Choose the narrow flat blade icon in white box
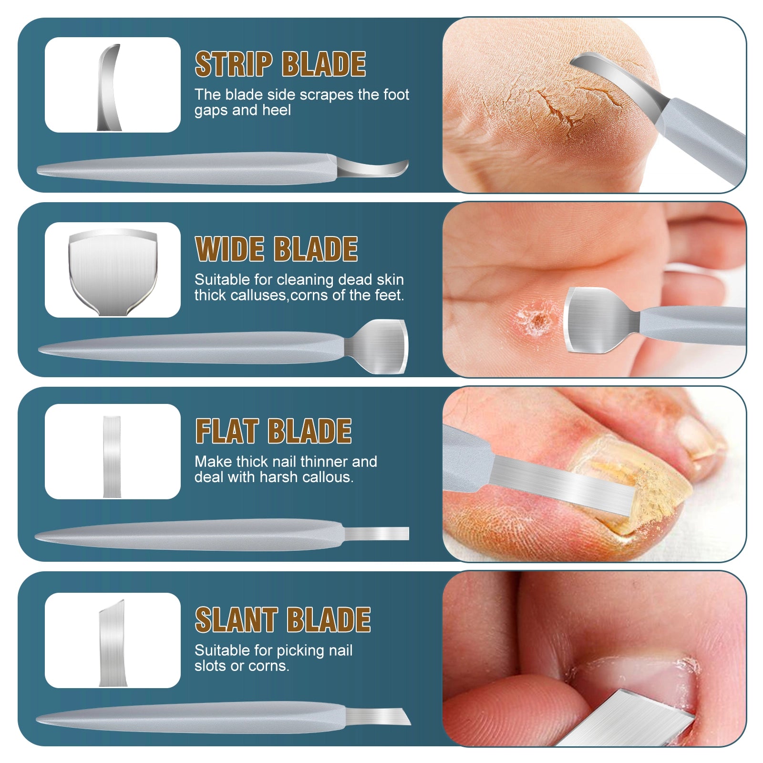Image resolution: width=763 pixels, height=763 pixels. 112,456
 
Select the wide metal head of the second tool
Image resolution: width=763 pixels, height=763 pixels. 381,346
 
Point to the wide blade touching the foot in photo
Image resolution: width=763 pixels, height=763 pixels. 596,320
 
